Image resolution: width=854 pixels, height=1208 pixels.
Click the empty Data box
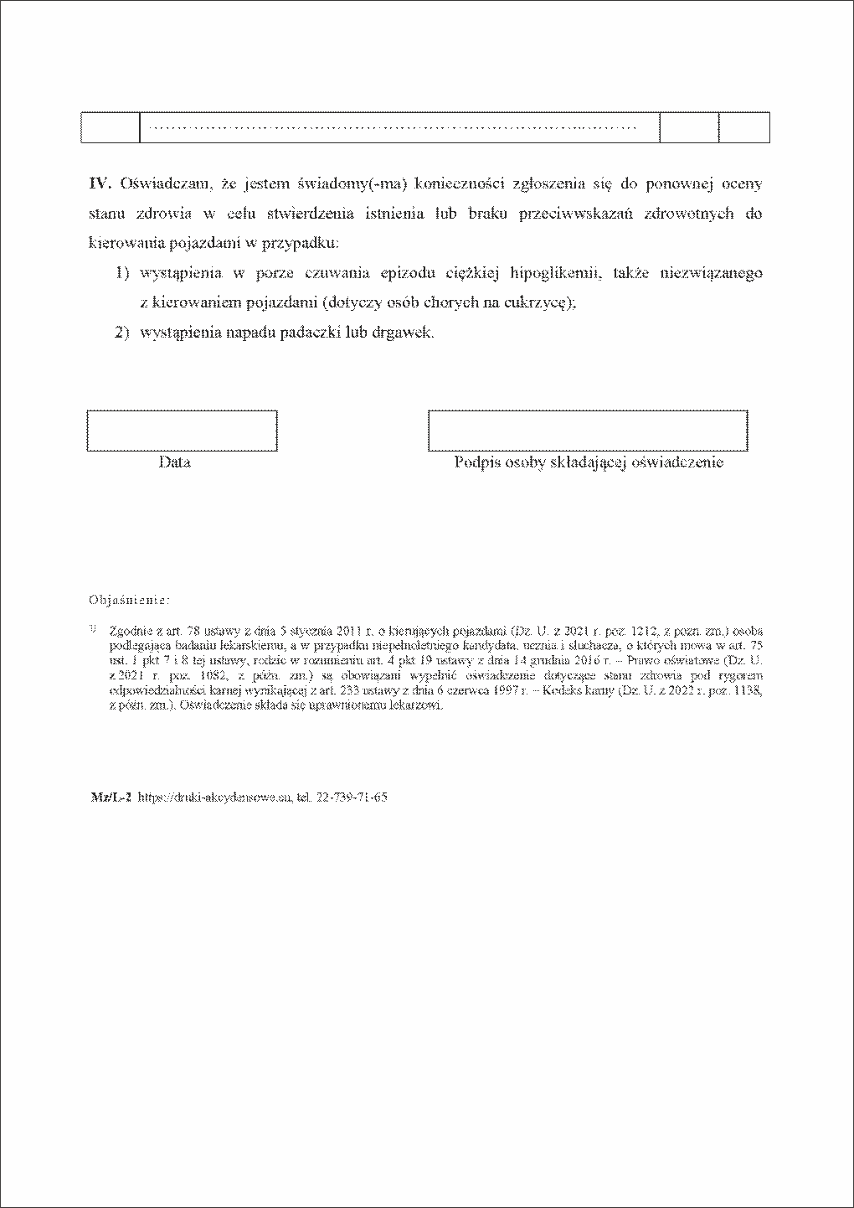(x=182, y=431)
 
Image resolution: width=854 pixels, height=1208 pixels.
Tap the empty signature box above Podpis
(x=588, y=431)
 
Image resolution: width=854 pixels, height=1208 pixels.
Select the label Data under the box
(x=174, y=462)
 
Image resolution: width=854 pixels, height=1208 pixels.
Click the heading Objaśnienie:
(x=130, y=601)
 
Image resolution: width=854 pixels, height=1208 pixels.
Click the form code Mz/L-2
(x=111, y=798)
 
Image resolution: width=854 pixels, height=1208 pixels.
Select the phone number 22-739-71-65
(x=352, y=798)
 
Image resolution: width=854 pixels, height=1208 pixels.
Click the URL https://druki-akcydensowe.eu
(x=214, y=798)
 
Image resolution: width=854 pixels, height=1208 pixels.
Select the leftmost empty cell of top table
(x=110, y=127)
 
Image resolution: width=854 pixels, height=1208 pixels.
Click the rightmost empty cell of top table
(x=744, y=127)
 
